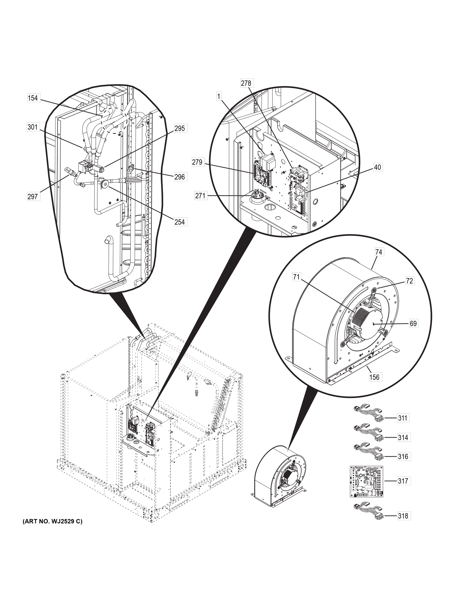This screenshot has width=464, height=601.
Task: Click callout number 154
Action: click(33, 98)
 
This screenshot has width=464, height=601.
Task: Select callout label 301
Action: click(33, 127)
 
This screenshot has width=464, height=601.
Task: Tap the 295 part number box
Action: click(180, 128)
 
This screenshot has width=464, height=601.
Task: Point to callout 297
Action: click(33, 197)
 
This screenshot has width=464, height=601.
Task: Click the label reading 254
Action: click(180, 222)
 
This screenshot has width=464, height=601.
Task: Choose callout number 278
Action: click(246, 83)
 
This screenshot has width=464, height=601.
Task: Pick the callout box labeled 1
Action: click(219, 96)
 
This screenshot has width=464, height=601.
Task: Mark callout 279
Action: click(197, 162)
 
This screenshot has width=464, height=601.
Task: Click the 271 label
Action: click(200, 196)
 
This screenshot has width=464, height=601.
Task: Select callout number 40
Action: click(378, 167)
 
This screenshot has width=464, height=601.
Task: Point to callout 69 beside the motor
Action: click(413, 324)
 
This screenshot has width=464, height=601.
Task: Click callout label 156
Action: click(374, 377)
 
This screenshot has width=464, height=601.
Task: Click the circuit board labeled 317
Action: click(366, 481)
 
